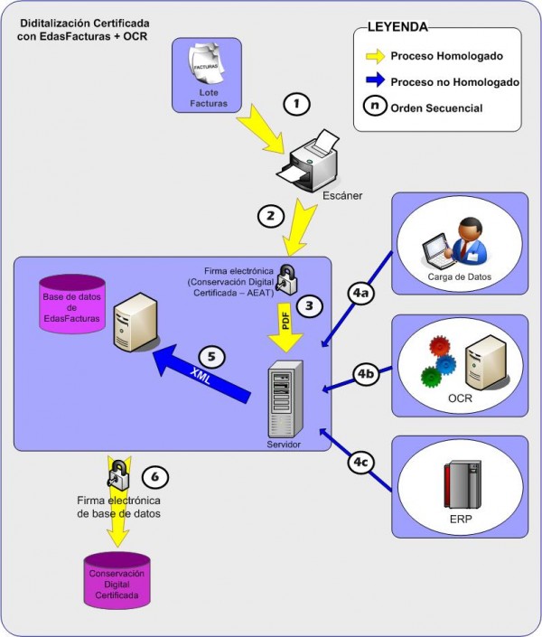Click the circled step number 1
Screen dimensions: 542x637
296,105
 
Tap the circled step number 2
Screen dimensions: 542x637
271,216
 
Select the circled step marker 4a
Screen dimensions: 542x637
361,293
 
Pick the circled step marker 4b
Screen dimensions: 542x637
366,373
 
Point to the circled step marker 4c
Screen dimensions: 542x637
361,462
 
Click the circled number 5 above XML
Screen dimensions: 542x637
211,356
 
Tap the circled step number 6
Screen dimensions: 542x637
155,476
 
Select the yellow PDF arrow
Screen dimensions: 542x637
285,327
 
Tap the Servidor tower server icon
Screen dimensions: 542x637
285,399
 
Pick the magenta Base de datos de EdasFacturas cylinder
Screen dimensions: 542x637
72,304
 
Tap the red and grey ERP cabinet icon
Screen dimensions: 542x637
463,484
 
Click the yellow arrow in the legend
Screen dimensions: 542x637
376,56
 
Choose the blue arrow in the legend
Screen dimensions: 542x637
376,80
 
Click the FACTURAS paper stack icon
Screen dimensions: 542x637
206,64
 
